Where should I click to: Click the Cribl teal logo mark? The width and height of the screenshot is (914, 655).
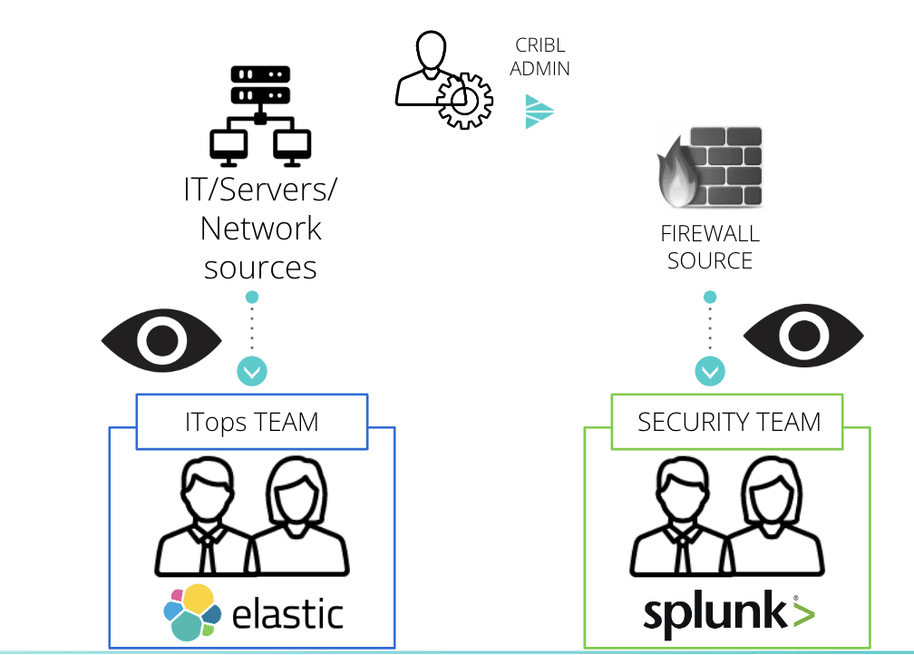[540, 112]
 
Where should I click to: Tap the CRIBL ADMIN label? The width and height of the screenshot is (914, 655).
[540, 56]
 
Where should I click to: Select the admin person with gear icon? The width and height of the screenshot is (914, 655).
[442, 81]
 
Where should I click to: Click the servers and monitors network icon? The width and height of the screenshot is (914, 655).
[260, 114]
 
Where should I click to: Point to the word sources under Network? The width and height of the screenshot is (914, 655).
[260, 268]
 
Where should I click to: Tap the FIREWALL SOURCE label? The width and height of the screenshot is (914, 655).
[710, 247]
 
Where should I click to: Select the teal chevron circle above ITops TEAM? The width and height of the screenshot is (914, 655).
[252, 370]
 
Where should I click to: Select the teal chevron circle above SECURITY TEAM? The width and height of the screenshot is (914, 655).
[710, 370]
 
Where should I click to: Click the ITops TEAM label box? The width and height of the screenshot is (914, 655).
[252, 422]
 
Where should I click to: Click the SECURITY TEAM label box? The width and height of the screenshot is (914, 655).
[728, 422]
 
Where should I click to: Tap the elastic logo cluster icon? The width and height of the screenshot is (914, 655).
[193, 612]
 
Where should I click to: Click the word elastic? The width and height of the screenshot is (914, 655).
[288, 613]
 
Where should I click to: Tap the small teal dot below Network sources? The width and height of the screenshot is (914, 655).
[252, 297]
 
